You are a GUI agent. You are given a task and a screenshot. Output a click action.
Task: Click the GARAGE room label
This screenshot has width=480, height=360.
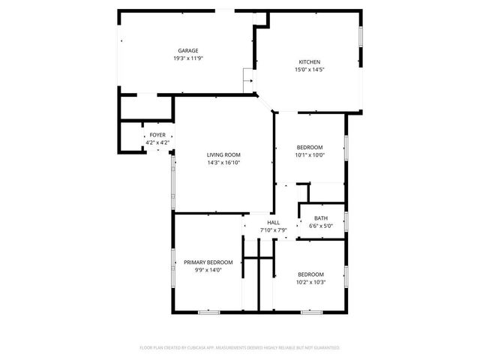tap(188, 51)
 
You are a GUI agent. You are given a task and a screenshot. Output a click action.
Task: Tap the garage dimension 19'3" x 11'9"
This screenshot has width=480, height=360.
tap(188, 58)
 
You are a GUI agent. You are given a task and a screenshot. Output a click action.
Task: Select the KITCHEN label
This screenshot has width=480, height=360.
tap(310, 62)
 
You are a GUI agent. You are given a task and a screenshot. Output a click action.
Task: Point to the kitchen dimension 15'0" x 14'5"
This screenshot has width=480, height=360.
tap(310, 70)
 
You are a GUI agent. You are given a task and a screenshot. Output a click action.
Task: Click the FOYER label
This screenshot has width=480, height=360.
tap(157, 135)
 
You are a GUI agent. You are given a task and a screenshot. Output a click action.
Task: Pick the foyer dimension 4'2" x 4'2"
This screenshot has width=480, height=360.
tap(157, 142)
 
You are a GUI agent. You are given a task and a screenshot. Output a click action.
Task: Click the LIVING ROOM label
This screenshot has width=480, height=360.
tap(223, 154)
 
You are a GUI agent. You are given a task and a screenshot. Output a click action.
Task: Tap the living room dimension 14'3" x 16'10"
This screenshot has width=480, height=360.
tap(223, 162)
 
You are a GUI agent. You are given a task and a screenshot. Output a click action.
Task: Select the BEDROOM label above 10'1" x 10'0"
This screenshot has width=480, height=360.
tap(310, 147)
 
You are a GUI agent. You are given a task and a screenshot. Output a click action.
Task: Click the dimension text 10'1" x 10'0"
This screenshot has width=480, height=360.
tap(310, 155)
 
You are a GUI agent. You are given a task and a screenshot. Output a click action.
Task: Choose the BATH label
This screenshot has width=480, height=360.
tap(321, 218)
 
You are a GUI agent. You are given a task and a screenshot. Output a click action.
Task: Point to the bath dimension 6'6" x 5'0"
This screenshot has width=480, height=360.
tap(321, 226)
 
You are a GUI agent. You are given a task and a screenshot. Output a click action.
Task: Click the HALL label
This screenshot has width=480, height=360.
tap(274, 223)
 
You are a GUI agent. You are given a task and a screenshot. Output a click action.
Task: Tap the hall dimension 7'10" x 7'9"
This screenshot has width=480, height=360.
tap(274, 230)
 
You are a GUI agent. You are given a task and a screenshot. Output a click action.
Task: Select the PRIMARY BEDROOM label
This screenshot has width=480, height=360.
tap(208, 262)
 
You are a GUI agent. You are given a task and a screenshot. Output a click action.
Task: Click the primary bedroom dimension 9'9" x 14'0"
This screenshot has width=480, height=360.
tap(208, 270)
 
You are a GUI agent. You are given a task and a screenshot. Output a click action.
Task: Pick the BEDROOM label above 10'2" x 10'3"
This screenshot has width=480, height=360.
tap(310, 274)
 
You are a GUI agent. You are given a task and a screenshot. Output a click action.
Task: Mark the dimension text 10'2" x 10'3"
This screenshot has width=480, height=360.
tap(310, 283)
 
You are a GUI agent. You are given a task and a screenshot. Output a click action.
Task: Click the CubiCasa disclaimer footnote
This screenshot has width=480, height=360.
tap(240, 348)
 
